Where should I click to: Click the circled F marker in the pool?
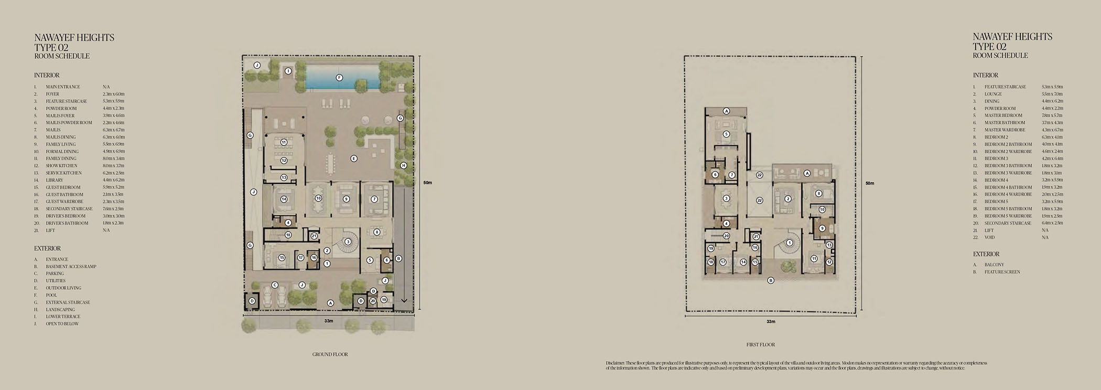[339, 78]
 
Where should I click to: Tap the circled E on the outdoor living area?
[354, 159]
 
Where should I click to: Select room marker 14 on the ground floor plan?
[284, 199]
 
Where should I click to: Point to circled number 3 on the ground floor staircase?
[348, 241]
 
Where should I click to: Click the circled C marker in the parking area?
[274, 285]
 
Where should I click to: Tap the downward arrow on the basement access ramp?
[404, 301]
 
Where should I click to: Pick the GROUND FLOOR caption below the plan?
[330, 354]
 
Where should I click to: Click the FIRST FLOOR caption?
[760, 345]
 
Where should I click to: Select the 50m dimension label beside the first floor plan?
[870, 183]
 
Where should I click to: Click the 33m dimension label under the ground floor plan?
[329, 321]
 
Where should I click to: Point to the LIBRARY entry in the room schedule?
[55, 180]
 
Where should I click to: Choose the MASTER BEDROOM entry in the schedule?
[1003, 115]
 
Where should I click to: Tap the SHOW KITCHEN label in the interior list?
[61, 166]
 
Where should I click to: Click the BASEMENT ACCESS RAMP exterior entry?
[71, 267]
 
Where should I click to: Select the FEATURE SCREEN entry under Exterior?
[1002, 272]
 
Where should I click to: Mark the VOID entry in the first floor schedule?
[990, 237]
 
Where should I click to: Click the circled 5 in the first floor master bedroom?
[726, 134]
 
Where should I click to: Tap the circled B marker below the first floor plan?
[771, 280]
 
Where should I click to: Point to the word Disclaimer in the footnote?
[615, 363]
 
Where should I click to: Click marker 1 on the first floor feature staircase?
[789, 243]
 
